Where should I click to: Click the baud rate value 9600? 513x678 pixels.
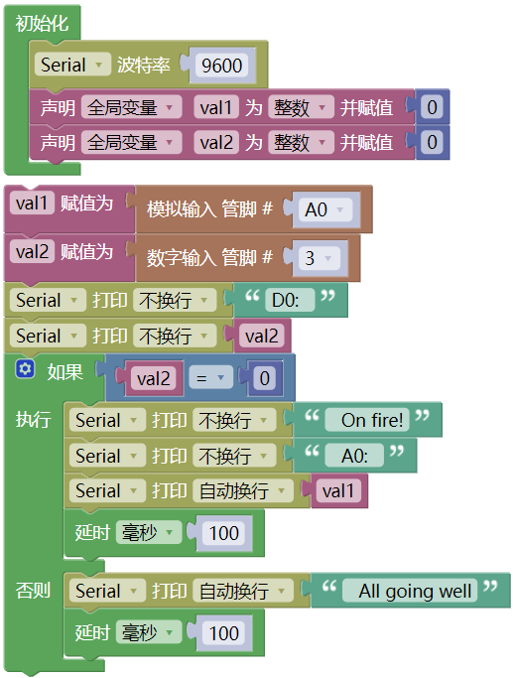(x=221, y=66)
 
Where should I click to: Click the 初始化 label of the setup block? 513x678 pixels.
(x=42, y=23)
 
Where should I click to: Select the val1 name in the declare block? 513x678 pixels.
(x=216, y=107)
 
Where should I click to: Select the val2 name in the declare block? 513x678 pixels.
(x=216, y=142)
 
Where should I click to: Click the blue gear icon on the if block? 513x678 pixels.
(x=25, y=369)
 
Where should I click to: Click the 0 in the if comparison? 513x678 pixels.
(x=265, y=378)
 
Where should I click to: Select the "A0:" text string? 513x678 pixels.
(x=354, y=456)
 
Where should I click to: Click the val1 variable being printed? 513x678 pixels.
(x=338, y=490)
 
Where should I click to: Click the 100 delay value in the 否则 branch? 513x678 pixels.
(x=224, y=633)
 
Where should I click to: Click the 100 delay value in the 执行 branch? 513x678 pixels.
(x=224, y=533)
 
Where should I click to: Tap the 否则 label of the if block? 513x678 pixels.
(x=33, y=591)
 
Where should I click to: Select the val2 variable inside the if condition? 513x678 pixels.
(x=154, y=378)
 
